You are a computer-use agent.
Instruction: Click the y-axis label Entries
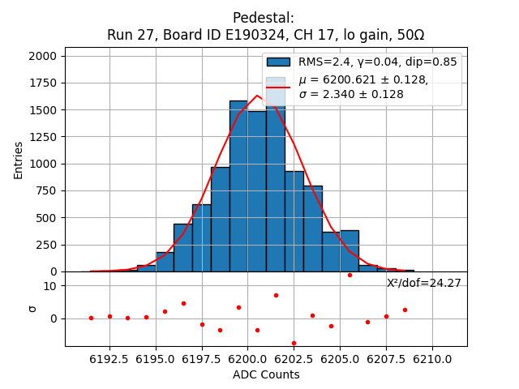(x=19, y=160)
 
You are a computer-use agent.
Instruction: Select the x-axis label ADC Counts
(x=266, y=374)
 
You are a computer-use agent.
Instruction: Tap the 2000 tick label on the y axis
(x=43, y=56)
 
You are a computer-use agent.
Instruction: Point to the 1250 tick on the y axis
(x=43, y=137)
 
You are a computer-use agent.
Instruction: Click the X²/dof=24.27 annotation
(x=423, y=283)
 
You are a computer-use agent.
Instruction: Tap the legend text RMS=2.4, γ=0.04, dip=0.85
(x=377, y=62)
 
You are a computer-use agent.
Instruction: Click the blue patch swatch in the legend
(x=277, y=62)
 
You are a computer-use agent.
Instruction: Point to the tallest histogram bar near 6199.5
(x=238, y=186)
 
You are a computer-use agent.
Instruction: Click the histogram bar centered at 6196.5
(x=183, y=247)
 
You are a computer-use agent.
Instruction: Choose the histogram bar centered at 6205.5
(x=350, y=250)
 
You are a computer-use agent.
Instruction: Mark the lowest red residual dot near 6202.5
(x=294, y=343)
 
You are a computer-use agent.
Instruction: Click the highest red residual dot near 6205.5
(x=350, y=275)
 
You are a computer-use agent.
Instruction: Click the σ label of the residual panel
(x=32, y=308)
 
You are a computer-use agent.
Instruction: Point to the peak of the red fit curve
(x=257, y=96)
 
